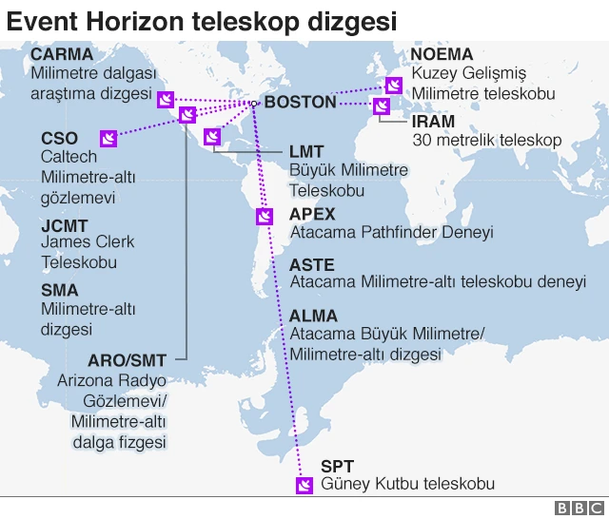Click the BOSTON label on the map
(x=300, y=103)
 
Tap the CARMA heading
(x=62, y=54)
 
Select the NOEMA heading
(x=442, y=54)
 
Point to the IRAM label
(x=433, y=122)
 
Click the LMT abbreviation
(x=306, y=151)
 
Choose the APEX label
(x=312, y=214)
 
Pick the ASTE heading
(x=312, y=265)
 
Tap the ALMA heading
(x=313, y=316)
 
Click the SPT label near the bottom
(x=337, y=466)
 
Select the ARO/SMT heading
(x=127, y=360)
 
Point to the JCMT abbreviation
(x=65, y=225)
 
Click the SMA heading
(x=60, y=290)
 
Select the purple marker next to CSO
(x=108, y=141)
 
